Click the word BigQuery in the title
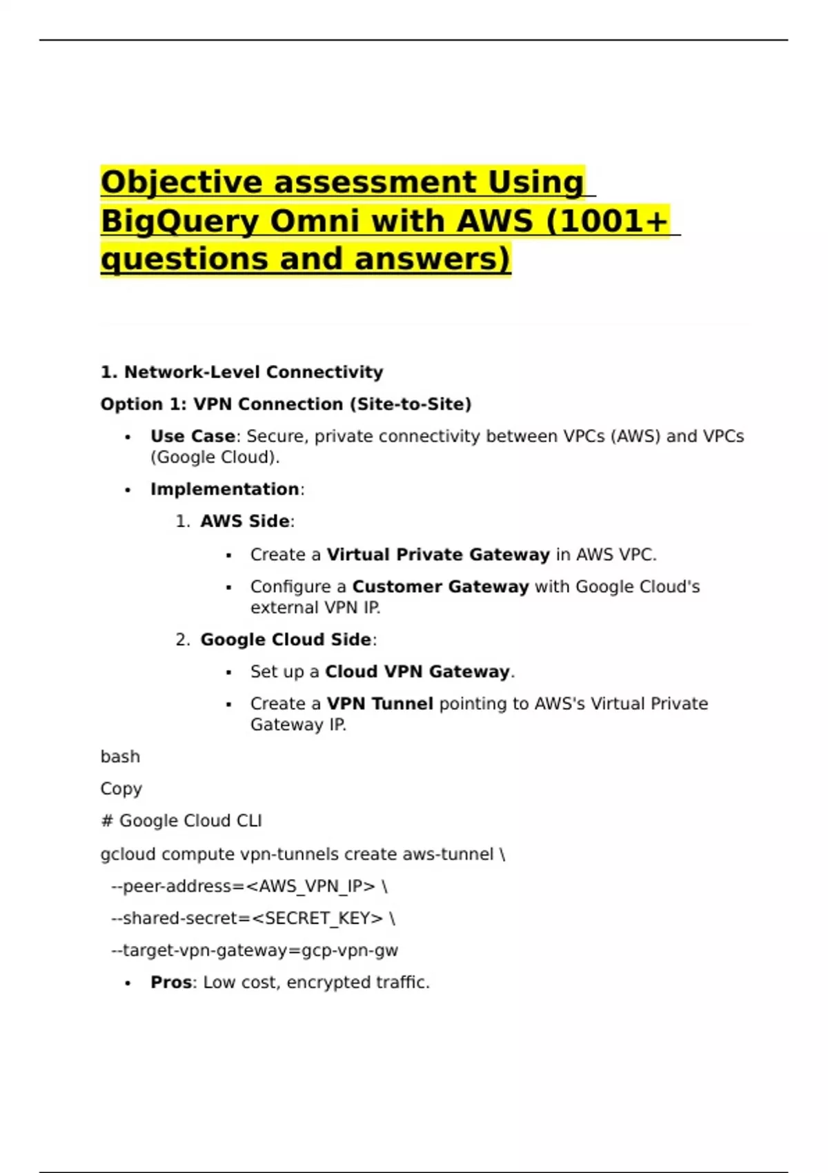(x=180, y=221)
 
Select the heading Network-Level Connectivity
(x=253, y=373)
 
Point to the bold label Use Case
(x=193, y=437)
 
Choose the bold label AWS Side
(x=245, y=522)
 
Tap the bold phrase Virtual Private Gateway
(x=438, y=555)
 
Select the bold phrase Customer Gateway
(x=440, y=586)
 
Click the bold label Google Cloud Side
(x=286, y=640)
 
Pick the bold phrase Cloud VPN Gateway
(x=417, y=672)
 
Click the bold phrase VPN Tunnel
(x=380, y=704)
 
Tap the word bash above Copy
(x=120, y=757)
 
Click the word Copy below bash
(x=121, y=789)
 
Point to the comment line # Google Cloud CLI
(x=181, y=821)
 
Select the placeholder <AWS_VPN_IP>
(x=316, y=886)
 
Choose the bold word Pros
(x=171, y=983)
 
